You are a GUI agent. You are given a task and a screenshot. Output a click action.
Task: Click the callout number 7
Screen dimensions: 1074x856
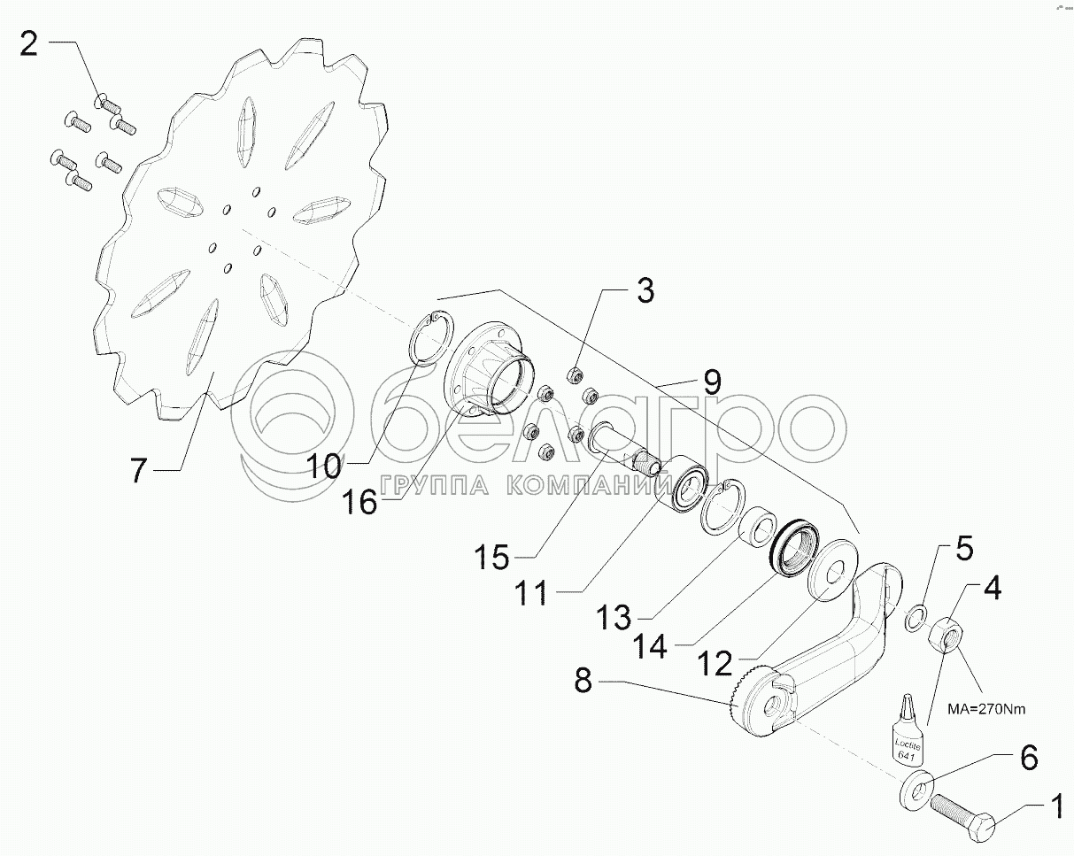click(x=137, y=470)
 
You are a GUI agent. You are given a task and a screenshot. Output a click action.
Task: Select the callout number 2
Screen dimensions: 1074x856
click(x=29, y=42)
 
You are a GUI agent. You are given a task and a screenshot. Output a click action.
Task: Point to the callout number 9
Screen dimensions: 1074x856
click(x=712, y=383)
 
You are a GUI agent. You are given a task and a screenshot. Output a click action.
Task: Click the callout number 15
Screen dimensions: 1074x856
click(x=491, y=558)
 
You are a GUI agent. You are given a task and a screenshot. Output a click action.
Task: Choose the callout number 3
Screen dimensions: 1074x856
click(x=645, y=289)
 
